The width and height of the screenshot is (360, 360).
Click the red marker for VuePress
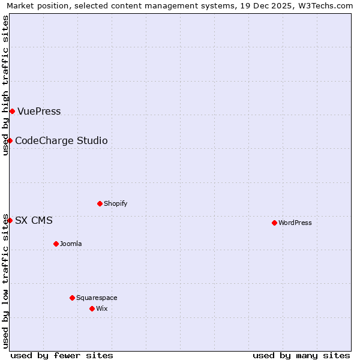point(12,111)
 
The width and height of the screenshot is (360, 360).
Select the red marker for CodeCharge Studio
point(10,140)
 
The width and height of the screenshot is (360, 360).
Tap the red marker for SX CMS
point(10,220)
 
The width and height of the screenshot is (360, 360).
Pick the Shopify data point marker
point(100,203)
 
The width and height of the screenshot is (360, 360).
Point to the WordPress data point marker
point(274,223)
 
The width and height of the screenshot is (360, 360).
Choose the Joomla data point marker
point(56,244)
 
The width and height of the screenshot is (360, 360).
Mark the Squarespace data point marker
point(72,298)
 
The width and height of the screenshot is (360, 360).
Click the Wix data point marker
point(92,308)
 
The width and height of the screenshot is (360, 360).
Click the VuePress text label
point(39,111)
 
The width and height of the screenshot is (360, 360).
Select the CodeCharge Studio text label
point(61,140)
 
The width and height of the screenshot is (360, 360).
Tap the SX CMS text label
point(34,220)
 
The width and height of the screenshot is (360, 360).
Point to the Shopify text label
point(116,203)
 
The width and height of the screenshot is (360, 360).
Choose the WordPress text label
point(295,223)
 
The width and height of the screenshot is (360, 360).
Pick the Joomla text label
point(71,244)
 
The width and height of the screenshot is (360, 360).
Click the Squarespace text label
point(97,298)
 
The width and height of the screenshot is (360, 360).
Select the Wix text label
point(101,308)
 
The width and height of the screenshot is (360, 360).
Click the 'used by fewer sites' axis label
point(62,355)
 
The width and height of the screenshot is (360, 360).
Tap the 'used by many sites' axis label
point(301,355)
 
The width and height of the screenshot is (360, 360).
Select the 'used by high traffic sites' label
point(5,85)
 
